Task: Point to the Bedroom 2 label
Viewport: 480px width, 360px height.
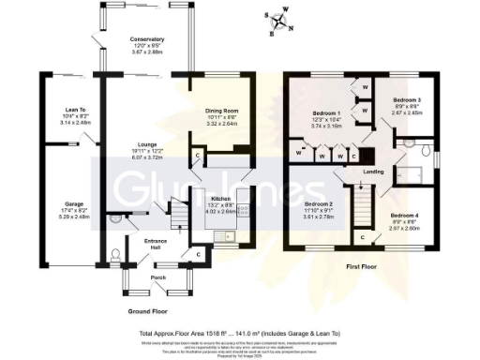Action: coord(320,204)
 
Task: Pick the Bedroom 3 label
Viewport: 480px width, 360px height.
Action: coord(406,99)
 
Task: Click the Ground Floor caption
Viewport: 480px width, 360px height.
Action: coord(147,308)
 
